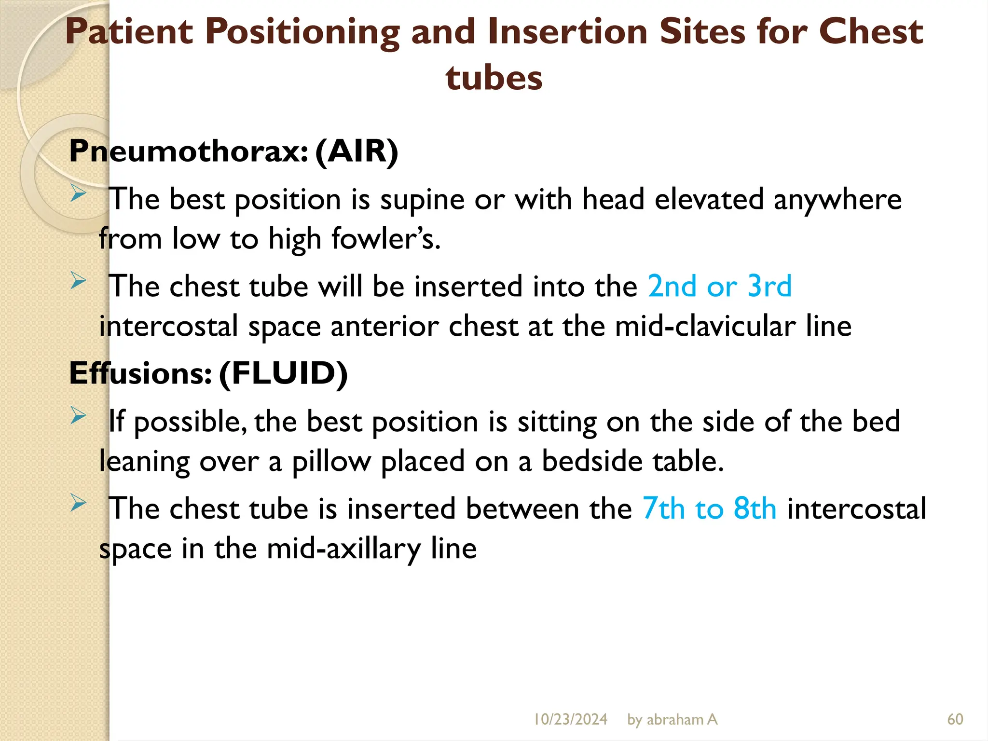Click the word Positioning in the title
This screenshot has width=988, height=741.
(302, 32)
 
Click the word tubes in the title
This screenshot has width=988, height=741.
(494, 78)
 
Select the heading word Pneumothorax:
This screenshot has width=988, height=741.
(189, 151)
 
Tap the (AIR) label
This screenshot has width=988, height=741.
(357, 151)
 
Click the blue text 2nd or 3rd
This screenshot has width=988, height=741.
(719, 286)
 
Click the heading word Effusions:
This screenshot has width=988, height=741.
(140, 373)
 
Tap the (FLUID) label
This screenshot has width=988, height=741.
(283, 373)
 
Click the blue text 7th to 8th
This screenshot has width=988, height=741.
(709, 508)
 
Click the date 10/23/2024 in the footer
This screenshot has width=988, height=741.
(570, 719)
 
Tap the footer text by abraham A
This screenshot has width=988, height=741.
(672, 719)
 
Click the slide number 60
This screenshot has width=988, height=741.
(955, 719)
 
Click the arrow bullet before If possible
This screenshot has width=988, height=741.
(78, 416)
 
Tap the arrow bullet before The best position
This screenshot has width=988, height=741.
(78, 193)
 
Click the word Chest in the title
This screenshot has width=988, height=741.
(871, 32)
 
